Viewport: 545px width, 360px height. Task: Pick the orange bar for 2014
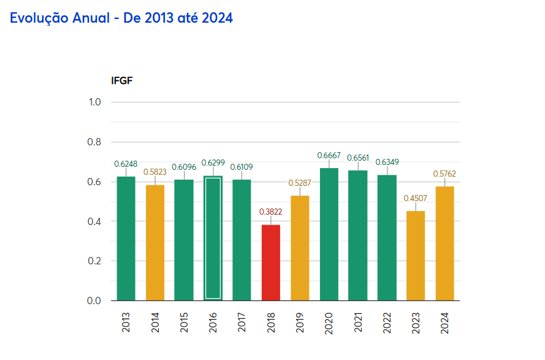click(x=155, y=242)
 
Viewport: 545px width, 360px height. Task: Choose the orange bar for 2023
click(x=416, y=256)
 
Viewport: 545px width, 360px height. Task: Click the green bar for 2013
click(x=126, y=239)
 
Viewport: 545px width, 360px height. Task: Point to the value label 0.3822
click(x=271, y=212)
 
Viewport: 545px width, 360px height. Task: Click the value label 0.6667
click(x=329, y=155)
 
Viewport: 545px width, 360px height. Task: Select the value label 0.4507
click(x=416, y=197)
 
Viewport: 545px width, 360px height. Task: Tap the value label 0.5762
click(x=444, y=174)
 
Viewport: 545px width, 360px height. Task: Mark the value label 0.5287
click(x=300, y=183)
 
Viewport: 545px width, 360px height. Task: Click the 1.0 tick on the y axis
click(x=95, y=102)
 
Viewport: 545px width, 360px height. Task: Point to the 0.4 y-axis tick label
click(x=95, y=221)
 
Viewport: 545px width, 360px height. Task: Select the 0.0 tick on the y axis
click(x=95, y=301)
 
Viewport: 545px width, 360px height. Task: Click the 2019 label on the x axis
click(x=300, y=323)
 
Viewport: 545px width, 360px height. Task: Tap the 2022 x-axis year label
click(x=387, y=323)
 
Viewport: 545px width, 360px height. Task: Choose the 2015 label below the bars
click(x=184, y=323)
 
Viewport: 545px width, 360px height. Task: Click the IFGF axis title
click(x=122, y=80)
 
